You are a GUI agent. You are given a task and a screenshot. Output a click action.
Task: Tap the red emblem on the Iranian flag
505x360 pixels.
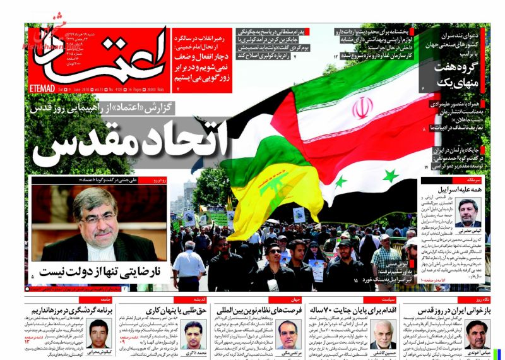click(362, 108)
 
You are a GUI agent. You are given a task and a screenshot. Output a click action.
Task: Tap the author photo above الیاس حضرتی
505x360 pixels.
click(468, 212)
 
